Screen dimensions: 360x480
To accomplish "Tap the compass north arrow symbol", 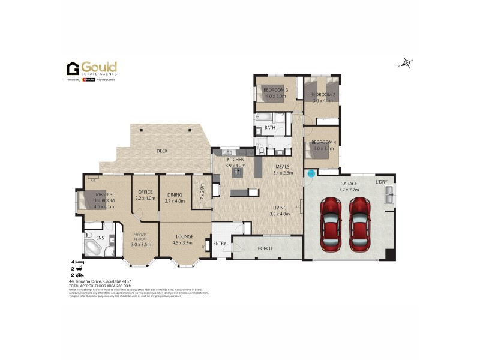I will point(407,62).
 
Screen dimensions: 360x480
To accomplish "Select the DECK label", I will point(161,151).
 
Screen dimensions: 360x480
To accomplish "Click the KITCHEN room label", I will point(235,159).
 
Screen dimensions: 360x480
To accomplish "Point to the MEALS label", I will point(282,167).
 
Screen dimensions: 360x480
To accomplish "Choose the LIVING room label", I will point(280,208).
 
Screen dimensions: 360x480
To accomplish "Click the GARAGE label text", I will point(349,183).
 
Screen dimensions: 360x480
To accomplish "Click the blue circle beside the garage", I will point(311,173).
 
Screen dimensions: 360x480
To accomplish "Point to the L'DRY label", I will point(382,181).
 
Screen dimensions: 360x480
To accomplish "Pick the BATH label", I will point(270,127).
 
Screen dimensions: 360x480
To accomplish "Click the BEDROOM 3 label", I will point(276,90).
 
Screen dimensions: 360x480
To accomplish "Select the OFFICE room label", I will point(145,192).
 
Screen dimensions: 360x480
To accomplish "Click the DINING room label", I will point(175,194).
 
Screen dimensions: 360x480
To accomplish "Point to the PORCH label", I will point(265,248).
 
